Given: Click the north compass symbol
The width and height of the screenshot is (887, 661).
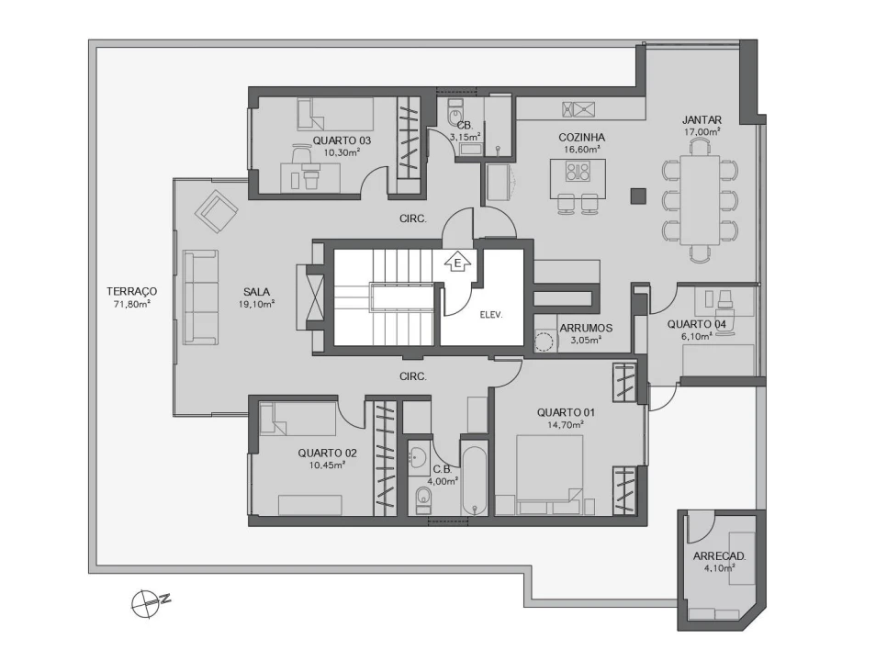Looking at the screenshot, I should point(148,603).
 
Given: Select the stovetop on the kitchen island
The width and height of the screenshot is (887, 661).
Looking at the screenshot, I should point(578,172).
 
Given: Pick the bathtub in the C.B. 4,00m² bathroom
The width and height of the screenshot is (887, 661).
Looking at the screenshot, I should point(475,481).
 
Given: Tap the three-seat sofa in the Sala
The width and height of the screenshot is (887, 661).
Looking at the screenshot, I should point(200,295).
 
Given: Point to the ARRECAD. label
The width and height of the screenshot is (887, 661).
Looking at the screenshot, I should point(718,556).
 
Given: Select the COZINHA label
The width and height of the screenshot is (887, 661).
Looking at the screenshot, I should point(581,138).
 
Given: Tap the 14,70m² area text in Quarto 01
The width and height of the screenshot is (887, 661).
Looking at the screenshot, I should point(566,425).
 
